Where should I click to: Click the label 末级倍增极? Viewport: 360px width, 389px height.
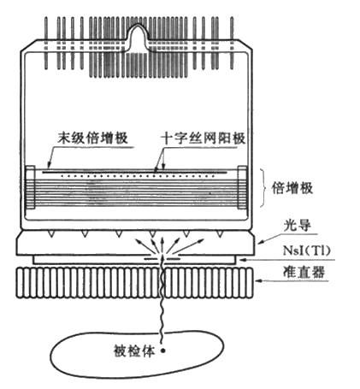coord(93,139)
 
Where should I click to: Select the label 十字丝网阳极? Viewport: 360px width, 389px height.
coord(203,139)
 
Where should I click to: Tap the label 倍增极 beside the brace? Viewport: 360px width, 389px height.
coord(292,188)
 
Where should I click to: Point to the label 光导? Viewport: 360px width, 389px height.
coord(297,226)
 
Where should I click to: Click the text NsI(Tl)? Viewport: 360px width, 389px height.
coord(307,250)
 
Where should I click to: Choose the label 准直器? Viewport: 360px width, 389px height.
coord(304,272)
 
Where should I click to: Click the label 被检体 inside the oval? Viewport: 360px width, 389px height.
coord(134,351)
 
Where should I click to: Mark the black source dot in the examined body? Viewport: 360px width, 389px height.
coord(163,351)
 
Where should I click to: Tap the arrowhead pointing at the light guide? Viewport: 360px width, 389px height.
coord(261,242)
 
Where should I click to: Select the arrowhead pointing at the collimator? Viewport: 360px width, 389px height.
coord(259,280)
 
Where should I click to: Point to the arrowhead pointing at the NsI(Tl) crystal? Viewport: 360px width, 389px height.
coord(243,259)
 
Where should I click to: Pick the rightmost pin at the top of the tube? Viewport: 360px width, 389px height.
coord(232,43)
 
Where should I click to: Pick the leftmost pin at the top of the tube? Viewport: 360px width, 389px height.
coord(46,43)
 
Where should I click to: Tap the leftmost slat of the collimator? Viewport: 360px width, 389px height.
coord(20,283)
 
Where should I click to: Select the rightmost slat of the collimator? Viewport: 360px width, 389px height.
coord(250,283)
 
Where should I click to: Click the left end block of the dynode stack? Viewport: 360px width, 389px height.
coord(31,187)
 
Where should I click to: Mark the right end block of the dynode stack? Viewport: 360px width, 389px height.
coord(242,187)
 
